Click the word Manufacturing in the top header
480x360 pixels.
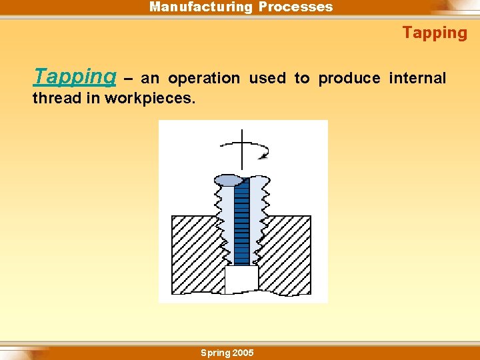pyautogui.click(x=200, y=7)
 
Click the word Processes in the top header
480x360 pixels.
pyautogui.click(x=295, y=7)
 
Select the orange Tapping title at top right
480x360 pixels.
pyautogui.click(x=435, y=33)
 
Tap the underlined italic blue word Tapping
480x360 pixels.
pyautogui.click(x=75, y=77)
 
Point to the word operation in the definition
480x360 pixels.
pyautogui.click(x=203, y=79)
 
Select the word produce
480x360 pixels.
pyautogui.click(x=349, y=79)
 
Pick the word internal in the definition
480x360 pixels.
pyautogui.click(x=417, y=79)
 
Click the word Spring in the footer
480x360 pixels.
pyautogui.click(x=215, y=353)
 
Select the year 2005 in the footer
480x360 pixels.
pyautogui.click(x=242, y=353)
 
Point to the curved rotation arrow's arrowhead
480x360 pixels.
pyautogui.click(x=265, y=156)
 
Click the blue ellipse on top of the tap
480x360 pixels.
pyautogui.click(x=229, y=180)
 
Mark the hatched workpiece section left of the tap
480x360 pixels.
pyautogui.click(x=193, y=253)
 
